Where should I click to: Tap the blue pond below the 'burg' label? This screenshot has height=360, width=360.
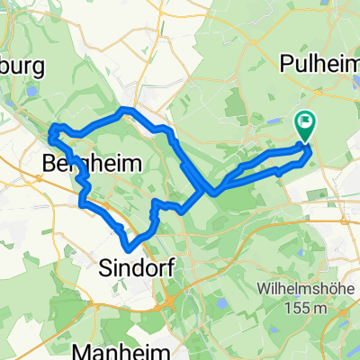[x=33, y=91]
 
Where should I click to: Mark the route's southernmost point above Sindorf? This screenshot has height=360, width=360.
[x=130, y=248]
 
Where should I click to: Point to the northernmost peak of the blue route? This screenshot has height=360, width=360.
[x=126, y=109]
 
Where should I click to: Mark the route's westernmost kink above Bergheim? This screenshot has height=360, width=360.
[x=51, y=136]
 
